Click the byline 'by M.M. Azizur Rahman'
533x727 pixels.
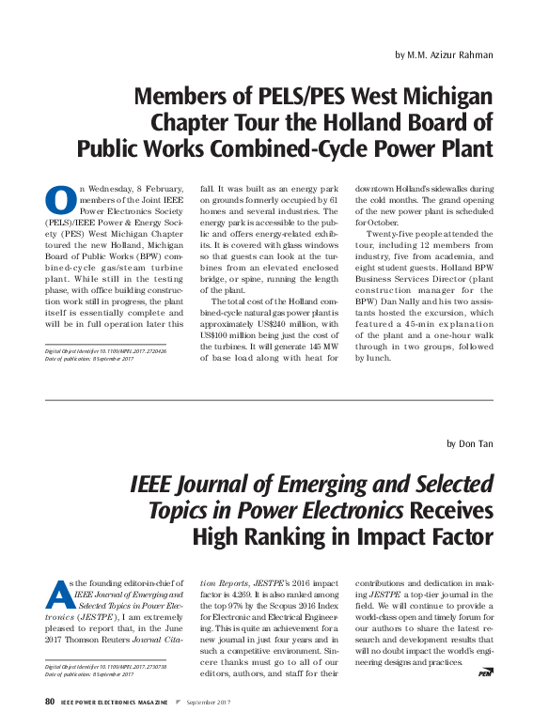coord(444,54)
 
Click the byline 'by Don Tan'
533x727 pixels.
coord(470,443)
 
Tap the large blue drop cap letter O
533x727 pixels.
coord(60,200)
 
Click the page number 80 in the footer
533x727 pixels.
coord(50,702)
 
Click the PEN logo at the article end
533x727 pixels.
coord(485,673)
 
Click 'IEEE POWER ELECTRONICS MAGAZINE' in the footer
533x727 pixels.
coord(115,702)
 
